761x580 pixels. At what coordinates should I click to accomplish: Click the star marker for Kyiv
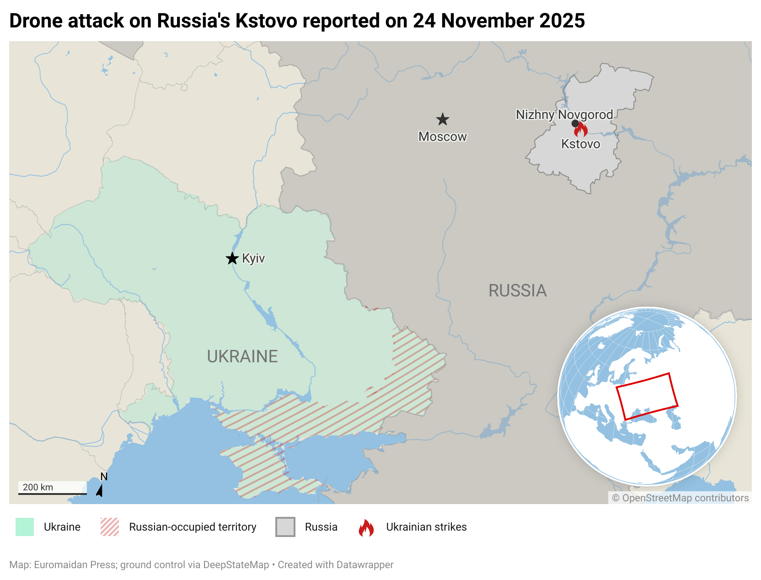(x=232, y=258)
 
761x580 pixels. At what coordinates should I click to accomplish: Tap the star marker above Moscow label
(x=442, y=120)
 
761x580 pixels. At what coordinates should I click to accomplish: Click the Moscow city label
(x=442, y=136)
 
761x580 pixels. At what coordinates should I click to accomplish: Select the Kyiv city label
(x=253, y=258)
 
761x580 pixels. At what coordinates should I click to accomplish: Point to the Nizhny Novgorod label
(x=564, y=114)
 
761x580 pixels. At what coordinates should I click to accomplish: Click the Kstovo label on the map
(x=580, y=144)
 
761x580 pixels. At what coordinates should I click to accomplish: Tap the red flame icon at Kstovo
(x=581, y=129)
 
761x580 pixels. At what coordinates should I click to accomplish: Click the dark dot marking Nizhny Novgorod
(x=575, y=124)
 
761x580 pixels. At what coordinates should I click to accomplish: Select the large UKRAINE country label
(x=242, y=356)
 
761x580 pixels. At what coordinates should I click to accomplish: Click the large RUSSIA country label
(x=517, y=290)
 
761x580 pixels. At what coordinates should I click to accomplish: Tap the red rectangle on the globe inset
(x=647, y=396)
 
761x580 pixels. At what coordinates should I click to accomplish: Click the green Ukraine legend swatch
(x=25, y=527)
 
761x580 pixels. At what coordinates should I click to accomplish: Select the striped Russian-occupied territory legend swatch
(x=110, y=527)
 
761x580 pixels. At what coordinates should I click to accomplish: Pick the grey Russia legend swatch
(x=285, y=527)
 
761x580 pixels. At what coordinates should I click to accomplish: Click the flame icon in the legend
(x=366, y=527)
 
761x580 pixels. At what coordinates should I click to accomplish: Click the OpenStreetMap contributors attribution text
(x=680, y=498)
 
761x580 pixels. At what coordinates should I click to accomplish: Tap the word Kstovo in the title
(x=266, y=21)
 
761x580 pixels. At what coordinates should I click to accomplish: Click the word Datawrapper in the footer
(x=364, y=564)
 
